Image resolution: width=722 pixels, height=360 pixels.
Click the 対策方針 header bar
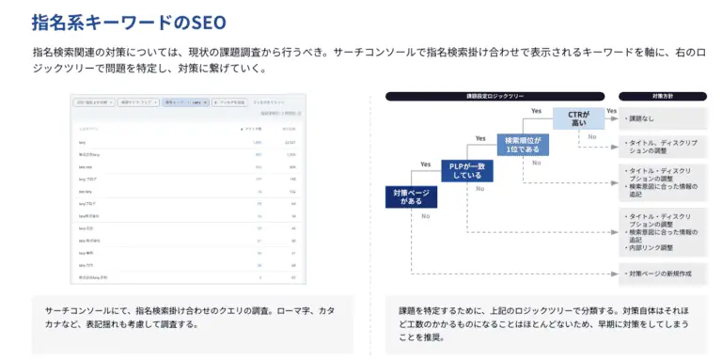pos(662,96)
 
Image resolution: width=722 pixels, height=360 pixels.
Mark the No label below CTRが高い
pos(592,137)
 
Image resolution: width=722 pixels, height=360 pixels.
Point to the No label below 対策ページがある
pos(425,216)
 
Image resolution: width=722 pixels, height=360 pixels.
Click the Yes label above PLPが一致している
pos(479,138)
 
